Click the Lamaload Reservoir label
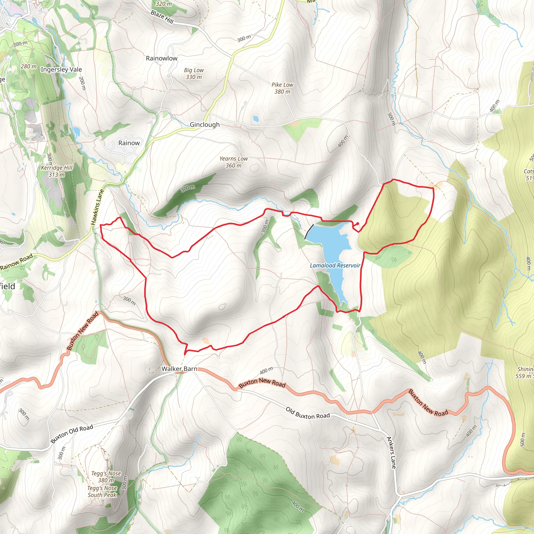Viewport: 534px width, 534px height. (x=335, y=266)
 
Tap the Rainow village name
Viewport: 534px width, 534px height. (x=129, y=143)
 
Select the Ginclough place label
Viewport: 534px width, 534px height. (x=204, y=125)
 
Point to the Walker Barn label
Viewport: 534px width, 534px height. (x=179, y=368)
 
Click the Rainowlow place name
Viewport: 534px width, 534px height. (x=162, y=58)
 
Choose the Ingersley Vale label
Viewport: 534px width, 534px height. (x=61, y=69)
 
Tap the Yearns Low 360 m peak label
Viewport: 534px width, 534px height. (x=234, y=162)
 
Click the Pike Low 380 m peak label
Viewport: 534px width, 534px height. (x=282, y=88)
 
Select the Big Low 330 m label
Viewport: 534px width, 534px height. (x=194, y=74)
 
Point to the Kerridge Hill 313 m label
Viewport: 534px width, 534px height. (x=57, y=171)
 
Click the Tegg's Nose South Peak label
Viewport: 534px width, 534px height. (x=102, y=492)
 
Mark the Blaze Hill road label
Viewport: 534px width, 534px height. (x=162, y=17)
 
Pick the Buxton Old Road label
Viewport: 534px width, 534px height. (x=72, y=434)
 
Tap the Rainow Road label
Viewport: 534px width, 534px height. (x=17, y=262)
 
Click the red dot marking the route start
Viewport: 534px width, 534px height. (x=358, y=223)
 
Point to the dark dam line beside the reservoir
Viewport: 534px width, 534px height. (x=309, y=232)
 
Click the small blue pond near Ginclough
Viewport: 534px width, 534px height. (x=256, y=119)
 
